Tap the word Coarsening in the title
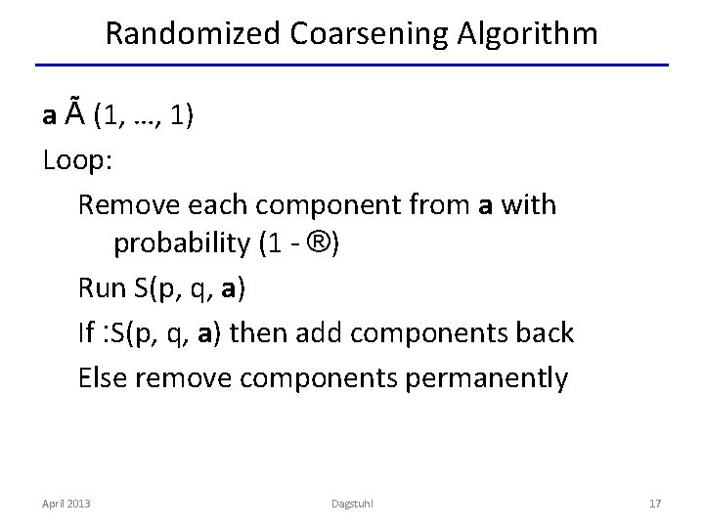click(354, 34)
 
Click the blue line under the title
click(352, 66)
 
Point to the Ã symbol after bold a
click(76, 115)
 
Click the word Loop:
click(78, 160)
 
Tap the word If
click(86, 332)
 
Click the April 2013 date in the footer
click(66, 503)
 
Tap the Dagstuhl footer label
click(351, 503)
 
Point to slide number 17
click(655, 503)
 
